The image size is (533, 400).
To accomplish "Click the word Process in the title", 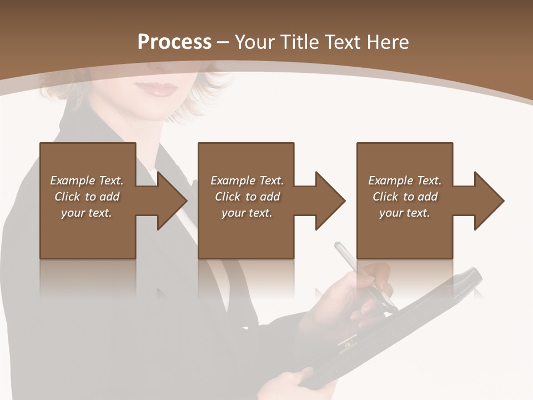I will click(174, 42).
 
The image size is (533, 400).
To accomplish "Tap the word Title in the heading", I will click(299, 42).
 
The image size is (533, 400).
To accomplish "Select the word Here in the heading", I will click(387, 42).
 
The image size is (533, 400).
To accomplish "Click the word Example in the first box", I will click(73, 181).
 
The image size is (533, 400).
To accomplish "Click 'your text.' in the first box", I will click(87, 213).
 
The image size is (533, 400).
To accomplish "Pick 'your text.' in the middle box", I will click(247, 213).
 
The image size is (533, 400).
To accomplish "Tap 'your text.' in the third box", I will click(405, 213).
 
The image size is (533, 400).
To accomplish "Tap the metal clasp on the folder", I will click(347, 340).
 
